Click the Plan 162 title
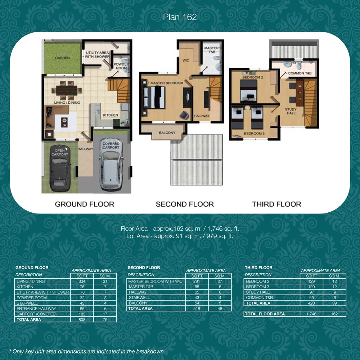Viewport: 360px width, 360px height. (x=180, y=17)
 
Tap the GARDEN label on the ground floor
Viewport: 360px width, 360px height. (x=62, y=58)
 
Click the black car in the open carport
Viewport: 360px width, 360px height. (x=60, y=168)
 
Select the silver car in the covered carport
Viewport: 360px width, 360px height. (x=111, y=165)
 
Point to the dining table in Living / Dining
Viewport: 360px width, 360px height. (x=67, y=90)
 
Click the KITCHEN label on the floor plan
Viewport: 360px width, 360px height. (x=111, y=115)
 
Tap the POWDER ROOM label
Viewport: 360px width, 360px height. (x=121, y=66)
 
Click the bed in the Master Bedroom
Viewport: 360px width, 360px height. (x=154, y=97)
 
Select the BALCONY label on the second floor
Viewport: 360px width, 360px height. (x=167, y=133)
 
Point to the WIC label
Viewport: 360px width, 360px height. (x=186, y=60)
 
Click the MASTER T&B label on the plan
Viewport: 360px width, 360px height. (x=211, y=50)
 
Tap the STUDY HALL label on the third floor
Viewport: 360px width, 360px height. (x=291, y=111)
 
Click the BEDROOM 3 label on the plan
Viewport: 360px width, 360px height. (x=254, y=134)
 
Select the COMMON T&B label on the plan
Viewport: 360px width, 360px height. (x=300, y=73)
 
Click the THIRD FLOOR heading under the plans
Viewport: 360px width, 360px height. (x=276, y=204)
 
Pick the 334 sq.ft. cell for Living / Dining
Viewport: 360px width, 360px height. (x=82, y=281)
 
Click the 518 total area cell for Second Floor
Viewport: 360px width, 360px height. (x=197, y=309)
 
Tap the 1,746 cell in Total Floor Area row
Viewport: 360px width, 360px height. (x=311, y=314)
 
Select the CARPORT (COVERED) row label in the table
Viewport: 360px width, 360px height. (x=36, y=314)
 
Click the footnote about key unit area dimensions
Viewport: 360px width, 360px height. (x=87, y=351)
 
